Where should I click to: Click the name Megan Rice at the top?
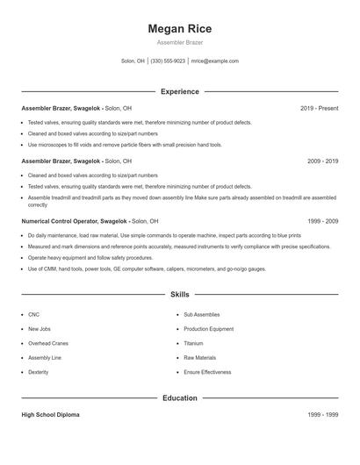(x=180, y=29)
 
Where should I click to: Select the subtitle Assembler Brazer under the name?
(x=180, y=42)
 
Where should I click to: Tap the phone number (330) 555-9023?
(x=168, y=61)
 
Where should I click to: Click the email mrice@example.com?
(x=215, y=61)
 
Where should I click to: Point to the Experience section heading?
(x=180, y=91)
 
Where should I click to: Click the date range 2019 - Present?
(x=320, y=108)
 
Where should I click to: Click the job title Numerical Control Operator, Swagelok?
(x=79, y=222)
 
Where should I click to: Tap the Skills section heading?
(x=180, y=296)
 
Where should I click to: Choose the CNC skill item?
(x=34, y=313)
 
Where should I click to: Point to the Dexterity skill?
(x=39, y=373)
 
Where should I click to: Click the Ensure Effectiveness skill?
(x=207, y=373)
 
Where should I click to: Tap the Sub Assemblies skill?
(x=203, y=313)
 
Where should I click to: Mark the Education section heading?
(x=180, y=398)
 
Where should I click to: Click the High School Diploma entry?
(x=50, y=414)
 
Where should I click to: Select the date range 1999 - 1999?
(x=323, y=414)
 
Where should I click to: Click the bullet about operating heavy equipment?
(x=83, y=258)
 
